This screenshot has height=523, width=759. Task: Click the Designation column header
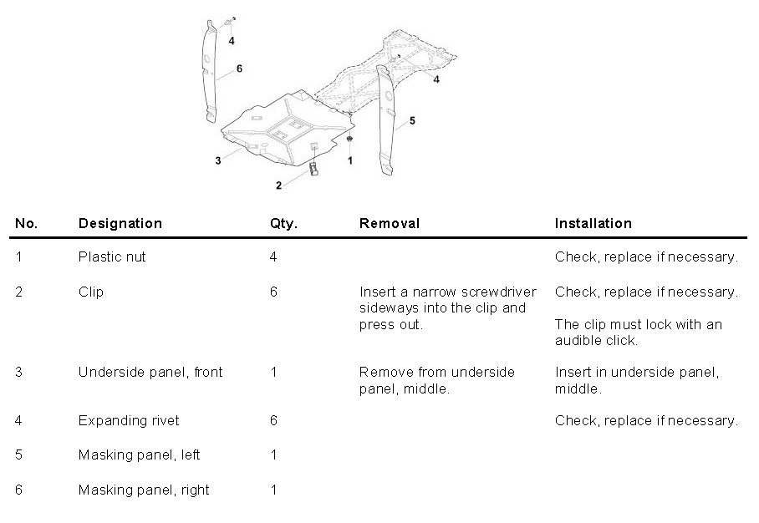tap(120, 223)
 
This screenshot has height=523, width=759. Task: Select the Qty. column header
tap(283, 223)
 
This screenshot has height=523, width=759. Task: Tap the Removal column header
tap(389, 223)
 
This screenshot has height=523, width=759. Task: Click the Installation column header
tap(593, 223)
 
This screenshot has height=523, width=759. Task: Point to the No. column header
tap(27, 223)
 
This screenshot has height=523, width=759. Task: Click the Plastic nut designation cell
tap(112, 256)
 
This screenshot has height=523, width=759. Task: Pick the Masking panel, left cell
tap(139, 455)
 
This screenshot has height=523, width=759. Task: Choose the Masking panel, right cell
tap(143, 490)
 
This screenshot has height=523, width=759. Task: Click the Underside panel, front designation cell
tap(150, 372)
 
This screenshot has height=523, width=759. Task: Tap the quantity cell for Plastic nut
tap(273, 256)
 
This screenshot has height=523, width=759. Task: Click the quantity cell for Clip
tap(273, 292)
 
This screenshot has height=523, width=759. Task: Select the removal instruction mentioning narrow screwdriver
tap(442, 307)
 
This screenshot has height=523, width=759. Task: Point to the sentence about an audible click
tap(638, 332)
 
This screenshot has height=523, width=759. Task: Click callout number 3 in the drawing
tap(217, 160)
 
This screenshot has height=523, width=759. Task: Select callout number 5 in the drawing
tap(412, 120)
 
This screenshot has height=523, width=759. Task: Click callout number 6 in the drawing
tap(239, 69)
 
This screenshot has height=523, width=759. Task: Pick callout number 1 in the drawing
tap(350, 158)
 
